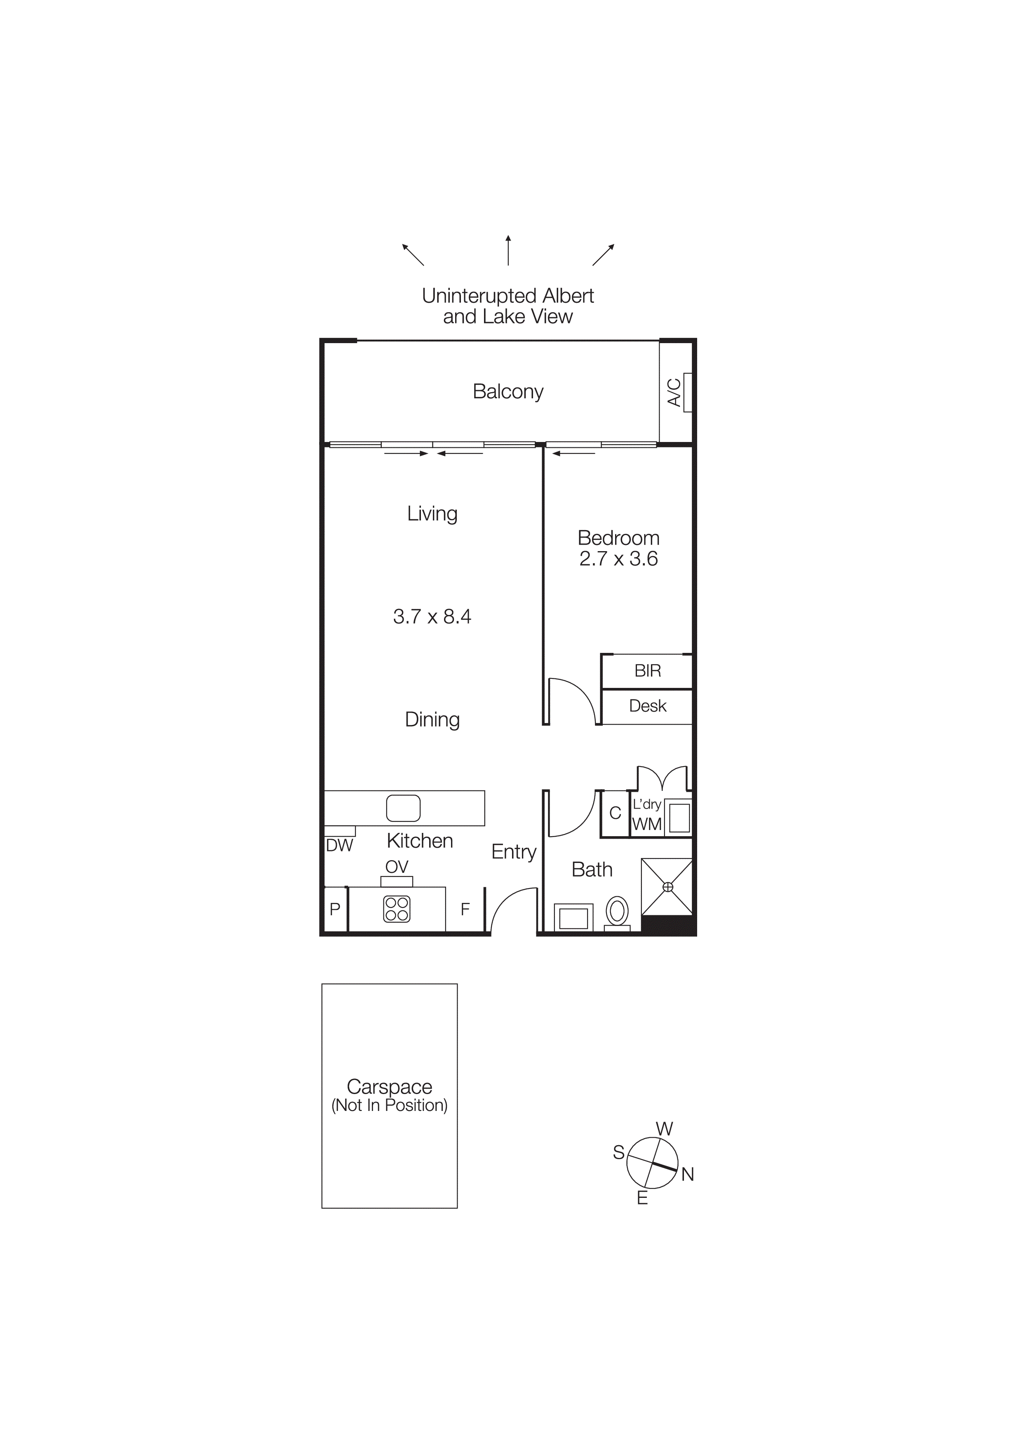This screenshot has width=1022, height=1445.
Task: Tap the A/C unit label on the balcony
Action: coord(674,392)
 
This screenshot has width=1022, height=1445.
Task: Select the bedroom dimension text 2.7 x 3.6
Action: coord(618,559)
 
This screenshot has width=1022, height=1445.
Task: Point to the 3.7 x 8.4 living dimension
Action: coord(432,616)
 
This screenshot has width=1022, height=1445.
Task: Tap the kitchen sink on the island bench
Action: coord(403,808)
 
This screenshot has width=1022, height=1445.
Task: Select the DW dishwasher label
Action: coord(339,846)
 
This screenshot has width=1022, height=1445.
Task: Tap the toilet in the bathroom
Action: coord(618,911)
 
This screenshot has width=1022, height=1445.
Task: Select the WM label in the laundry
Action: coord(647,825)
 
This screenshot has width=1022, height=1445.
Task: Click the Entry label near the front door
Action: coord(514,852)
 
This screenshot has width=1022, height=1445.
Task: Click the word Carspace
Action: coord(389,1087)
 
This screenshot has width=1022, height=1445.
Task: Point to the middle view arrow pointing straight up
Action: coord(508,250)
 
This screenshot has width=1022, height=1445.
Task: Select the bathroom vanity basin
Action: coord(573,918)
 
